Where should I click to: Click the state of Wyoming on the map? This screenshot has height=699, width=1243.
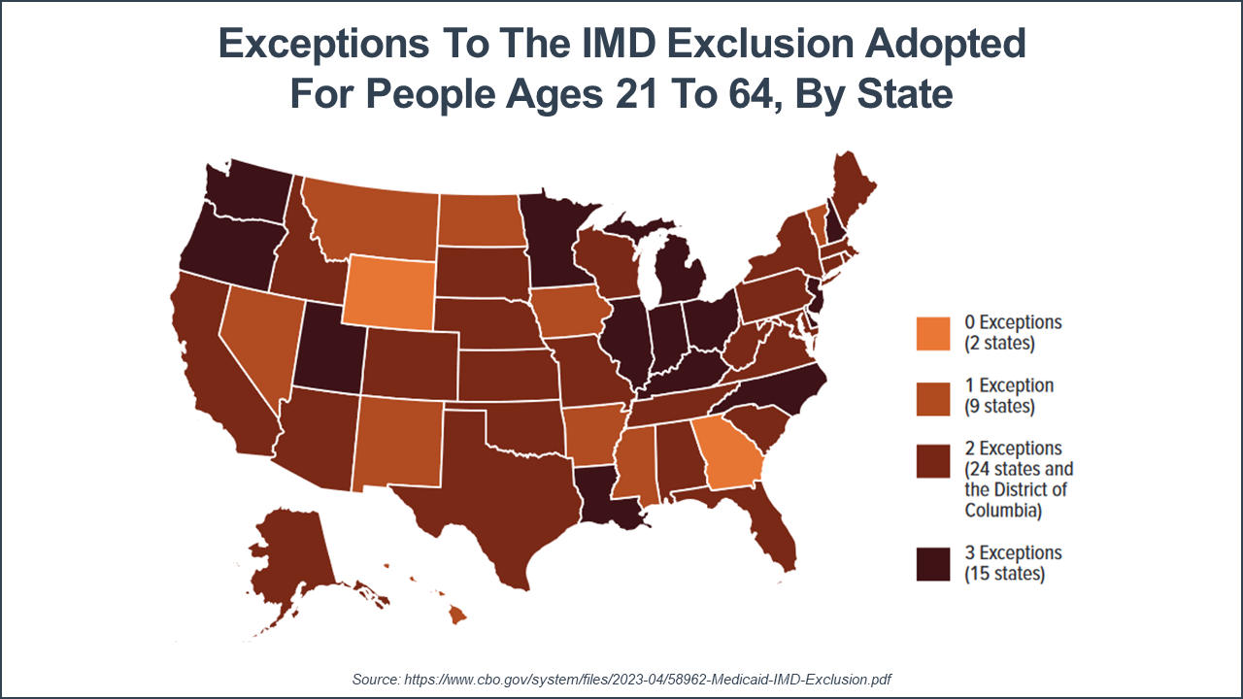click(388, 291)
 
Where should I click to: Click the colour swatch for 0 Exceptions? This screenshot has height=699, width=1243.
click(933, 333)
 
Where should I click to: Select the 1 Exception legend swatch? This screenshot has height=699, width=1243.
click(933, 397)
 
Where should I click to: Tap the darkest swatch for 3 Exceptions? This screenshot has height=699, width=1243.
click(933, 564)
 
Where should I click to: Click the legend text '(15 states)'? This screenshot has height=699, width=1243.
click(1004, 574)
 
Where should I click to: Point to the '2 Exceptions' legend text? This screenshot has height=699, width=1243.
click(1013, 449)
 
